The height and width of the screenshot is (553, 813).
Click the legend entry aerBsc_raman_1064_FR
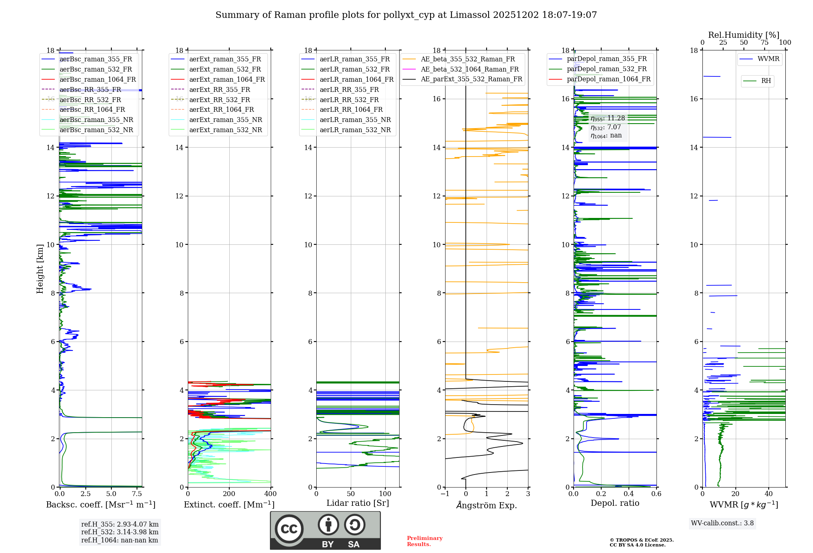pos(98,80)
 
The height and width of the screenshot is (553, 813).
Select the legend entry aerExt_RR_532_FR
pos(220,100)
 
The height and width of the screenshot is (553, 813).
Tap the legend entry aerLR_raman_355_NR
pos(355,120)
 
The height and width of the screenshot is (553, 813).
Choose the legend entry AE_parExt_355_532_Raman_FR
pos(471,79)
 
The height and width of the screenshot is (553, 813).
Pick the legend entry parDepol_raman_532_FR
pos(606,69)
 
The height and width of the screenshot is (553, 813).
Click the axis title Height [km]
pos(40,269)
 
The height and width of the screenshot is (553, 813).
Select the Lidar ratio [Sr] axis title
pos(357,503)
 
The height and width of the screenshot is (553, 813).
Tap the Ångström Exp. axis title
pos(486,505)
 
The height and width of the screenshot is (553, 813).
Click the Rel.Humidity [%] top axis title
pos(743,35)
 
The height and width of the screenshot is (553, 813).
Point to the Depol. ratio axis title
pos(615,503)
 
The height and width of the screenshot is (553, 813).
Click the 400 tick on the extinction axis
pos(270,494)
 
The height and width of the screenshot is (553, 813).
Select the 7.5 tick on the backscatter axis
pos(137,494)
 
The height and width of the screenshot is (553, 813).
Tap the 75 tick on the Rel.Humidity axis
pos(764,43)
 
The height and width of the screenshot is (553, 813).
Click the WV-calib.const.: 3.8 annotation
pos(722,523)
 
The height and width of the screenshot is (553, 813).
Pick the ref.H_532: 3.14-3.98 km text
pos(120,532)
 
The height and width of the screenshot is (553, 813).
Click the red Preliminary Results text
pos(424,541)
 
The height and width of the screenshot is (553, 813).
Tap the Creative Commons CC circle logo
pos(289,529)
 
